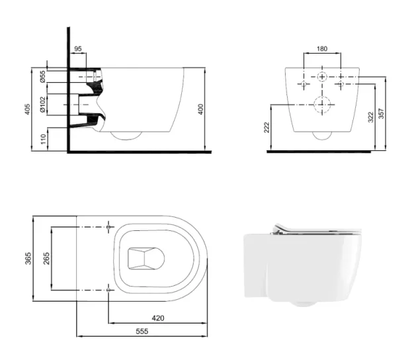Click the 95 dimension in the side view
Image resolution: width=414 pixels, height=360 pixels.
coord(78,48)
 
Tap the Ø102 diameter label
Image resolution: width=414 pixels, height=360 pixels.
coord(42,105)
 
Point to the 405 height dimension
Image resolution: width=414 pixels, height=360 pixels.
coord(27,109)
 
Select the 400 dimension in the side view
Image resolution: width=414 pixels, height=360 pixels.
coord(201,109)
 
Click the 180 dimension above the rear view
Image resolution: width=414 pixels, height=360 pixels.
coord(321,48)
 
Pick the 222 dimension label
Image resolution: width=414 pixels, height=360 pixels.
coord(267,127)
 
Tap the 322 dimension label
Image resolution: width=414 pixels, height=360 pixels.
coord(371,116)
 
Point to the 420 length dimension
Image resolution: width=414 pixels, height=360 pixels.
coord(157,318)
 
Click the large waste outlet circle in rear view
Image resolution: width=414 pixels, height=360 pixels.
coord(321,105)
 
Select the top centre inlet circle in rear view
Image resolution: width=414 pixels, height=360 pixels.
coord(321,76)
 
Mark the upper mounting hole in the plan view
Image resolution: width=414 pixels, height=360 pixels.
coord(108,227)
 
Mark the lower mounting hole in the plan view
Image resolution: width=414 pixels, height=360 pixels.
coord(108,290)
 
